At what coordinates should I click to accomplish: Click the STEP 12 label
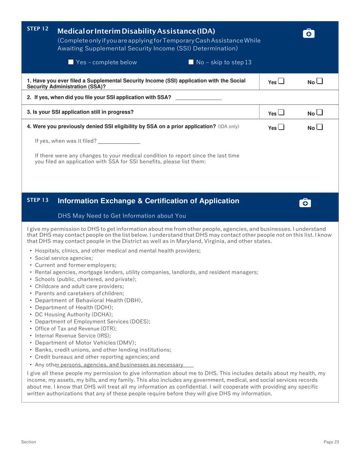pyautogui.click(x=38, y=29)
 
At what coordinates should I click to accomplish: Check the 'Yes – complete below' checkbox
pyautogui.click(x=70, y=62)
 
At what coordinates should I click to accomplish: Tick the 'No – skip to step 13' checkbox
pyautogui.click(x=191, y=62)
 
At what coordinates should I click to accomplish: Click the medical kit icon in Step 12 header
pyautogui.click(x=309, y=34)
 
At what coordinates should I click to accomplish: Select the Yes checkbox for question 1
pyautogui.click(x=281, y=81)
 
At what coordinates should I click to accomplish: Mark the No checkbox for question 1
pyautogui.click(x=320, y=81)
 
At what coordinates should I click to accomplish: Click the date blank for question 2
pyautogui.click(x=198, y=98)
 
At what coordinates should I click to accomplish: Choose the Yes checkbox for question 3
pyautogui.click(x=281, y=113)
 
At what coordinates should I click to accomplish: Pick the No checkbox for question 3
pyautogui.click(x=320, y=113)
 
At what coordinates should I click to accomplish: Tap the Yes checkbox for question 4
pyautogui.click(x=281, y=128)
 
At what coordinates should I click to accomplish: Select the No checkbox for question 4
pyautogui.click(x=320, y=128)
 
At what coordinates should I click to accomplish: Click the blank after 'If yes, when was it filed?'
pyautogui.click(x=119, y=141)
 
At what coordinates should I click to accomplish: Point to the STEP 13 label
pyautogui.click(x=38, y=200)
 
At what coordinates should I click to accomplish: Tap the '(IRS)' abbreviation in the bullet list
pyautogui.click(x=103, y=336)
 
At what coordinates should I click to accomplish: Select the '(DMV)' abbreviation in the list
pyautogui.click(x=127, y=343)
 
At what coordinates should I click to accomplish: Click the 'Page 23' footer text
pyautogui.click(x=331, y=442)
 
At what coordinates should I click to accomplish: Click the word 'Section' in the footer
pyautogui.click(x=28, y=442)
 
